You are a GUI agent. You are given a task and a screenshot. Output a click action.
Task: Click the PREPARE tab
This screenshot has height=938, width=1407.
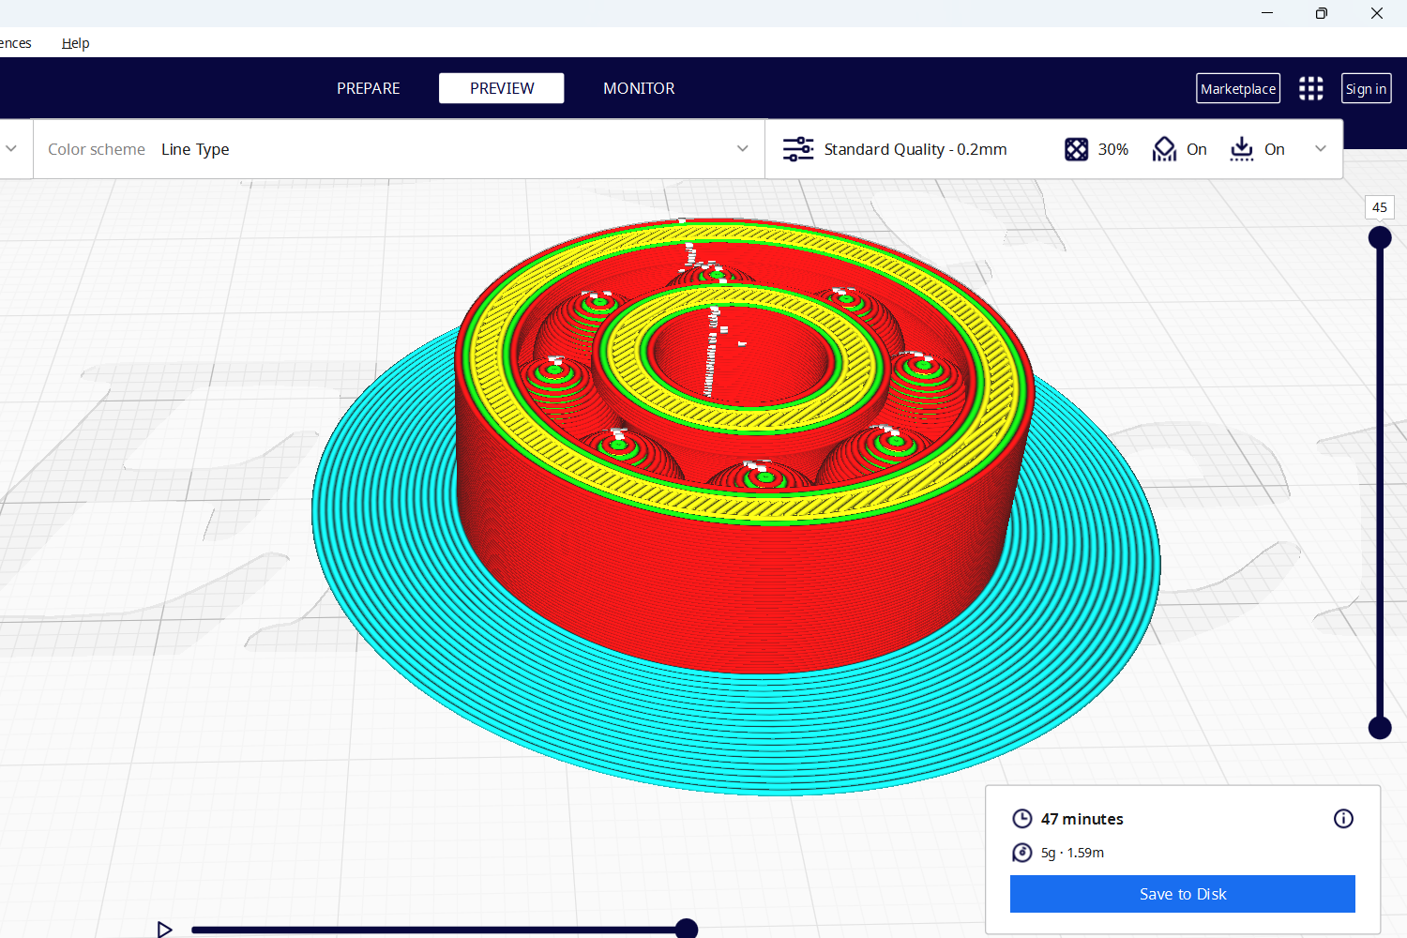tap(368, 88)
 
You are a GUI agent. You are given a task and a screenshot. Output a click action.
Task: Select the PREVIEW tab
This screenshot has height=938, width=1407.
tap(502, 88)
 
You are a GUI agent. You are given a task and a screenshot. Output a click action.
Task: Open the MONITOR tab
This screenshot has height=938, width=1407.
tap(639, 88)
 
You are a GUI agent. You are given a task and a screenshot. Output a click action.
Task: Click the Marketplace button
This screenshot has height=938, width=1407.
tap(1238, 88)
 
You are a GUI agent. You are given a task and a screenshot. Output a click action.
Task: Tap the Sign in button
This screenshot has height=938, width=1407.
tap(1366, 88)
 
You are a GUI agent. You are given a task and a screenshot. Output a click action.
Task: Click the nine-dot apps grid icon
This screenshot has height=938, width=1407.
tap(1310, 88)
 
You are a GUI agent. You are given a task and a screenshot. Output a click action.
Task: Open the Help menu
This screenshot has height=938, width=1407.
tap(76, 43)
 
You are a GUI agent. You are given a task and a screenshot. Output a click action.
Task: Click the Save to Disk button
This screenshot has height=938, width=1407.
tap(1182, 894)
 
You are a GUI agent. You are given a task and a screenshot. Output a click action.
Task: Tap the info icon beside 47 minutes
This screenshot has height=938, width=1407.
tap(1343, 819)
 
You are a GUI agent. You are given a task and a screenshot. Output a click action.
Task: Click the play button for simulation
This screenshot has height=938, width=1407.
tap(164, 929)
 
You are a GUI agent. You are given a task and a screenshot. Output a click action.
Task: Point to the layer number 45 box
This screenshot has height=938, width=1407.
tap(1379, 207)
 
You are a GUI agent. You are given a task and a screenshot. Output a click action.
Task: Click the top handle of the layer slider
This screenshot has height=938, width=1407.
tap(1379, 238)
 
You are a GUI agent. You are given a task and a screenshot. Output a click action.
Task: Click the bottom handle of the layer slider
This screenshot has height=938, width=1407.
tap(1379, 727)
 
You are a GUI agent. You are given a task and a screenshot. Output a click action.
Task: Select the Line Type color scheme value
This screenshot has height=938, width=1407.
tap(195, 149)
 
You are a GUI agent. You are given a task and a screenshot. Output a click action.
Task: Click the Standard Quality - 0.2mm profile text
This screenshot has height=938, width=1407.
tap(915, 149)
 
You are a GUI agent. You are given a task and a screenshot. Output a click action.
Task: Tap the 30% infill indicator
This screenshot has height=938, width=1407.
tap(1112, 149)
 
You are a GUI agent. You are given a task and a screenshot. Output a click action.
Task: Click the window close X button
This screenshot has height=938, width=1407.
tap(1376, 13)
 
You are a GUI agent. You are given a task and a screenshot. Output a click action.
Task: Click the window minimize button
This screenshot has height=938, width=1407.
tap(1267, 13)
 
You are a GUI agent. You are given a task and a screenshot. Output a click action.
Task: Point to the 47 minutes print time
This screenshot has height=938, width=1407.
tap(1082, 819)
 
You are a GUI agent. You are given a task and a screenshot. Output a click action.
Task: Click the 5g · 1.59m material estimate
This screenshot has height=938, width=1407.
tap(1072, 853)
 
